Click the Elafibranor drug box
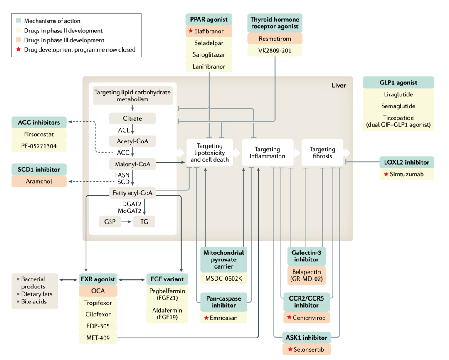[208, 31]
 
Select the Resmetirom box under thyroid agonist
[275, 39]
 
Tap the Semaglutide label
[398, 106]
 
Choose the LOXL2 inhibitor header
[407, 163]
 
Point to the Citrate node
[133, 118]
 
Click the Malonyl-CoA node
[133, 164]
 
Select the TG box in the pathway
[144, 222]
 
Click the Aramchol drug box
[39, 181]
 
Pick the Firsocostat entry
[39, 135]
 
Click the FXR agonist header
[98, 279]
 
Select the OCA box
[98, 291]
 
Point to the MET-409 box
[98, 338]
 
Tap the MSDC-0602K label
[224, 278]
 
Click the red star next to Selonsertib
[289, 349]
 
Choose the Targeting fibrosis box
[322, 153]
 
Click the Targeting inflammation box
[267, 153]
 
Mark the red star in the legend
[19, 49]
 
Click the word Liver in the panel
[338, 86]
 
